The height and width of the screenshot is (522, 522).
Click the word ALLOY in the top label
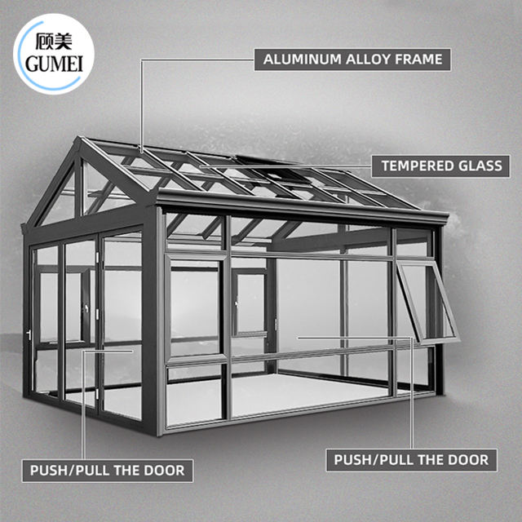coord(372,58)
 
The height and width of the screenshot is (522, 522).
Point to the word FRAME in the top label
coord(420,58)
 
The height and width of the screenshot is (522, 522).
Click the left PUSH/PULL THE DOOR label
coord(107,471)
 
